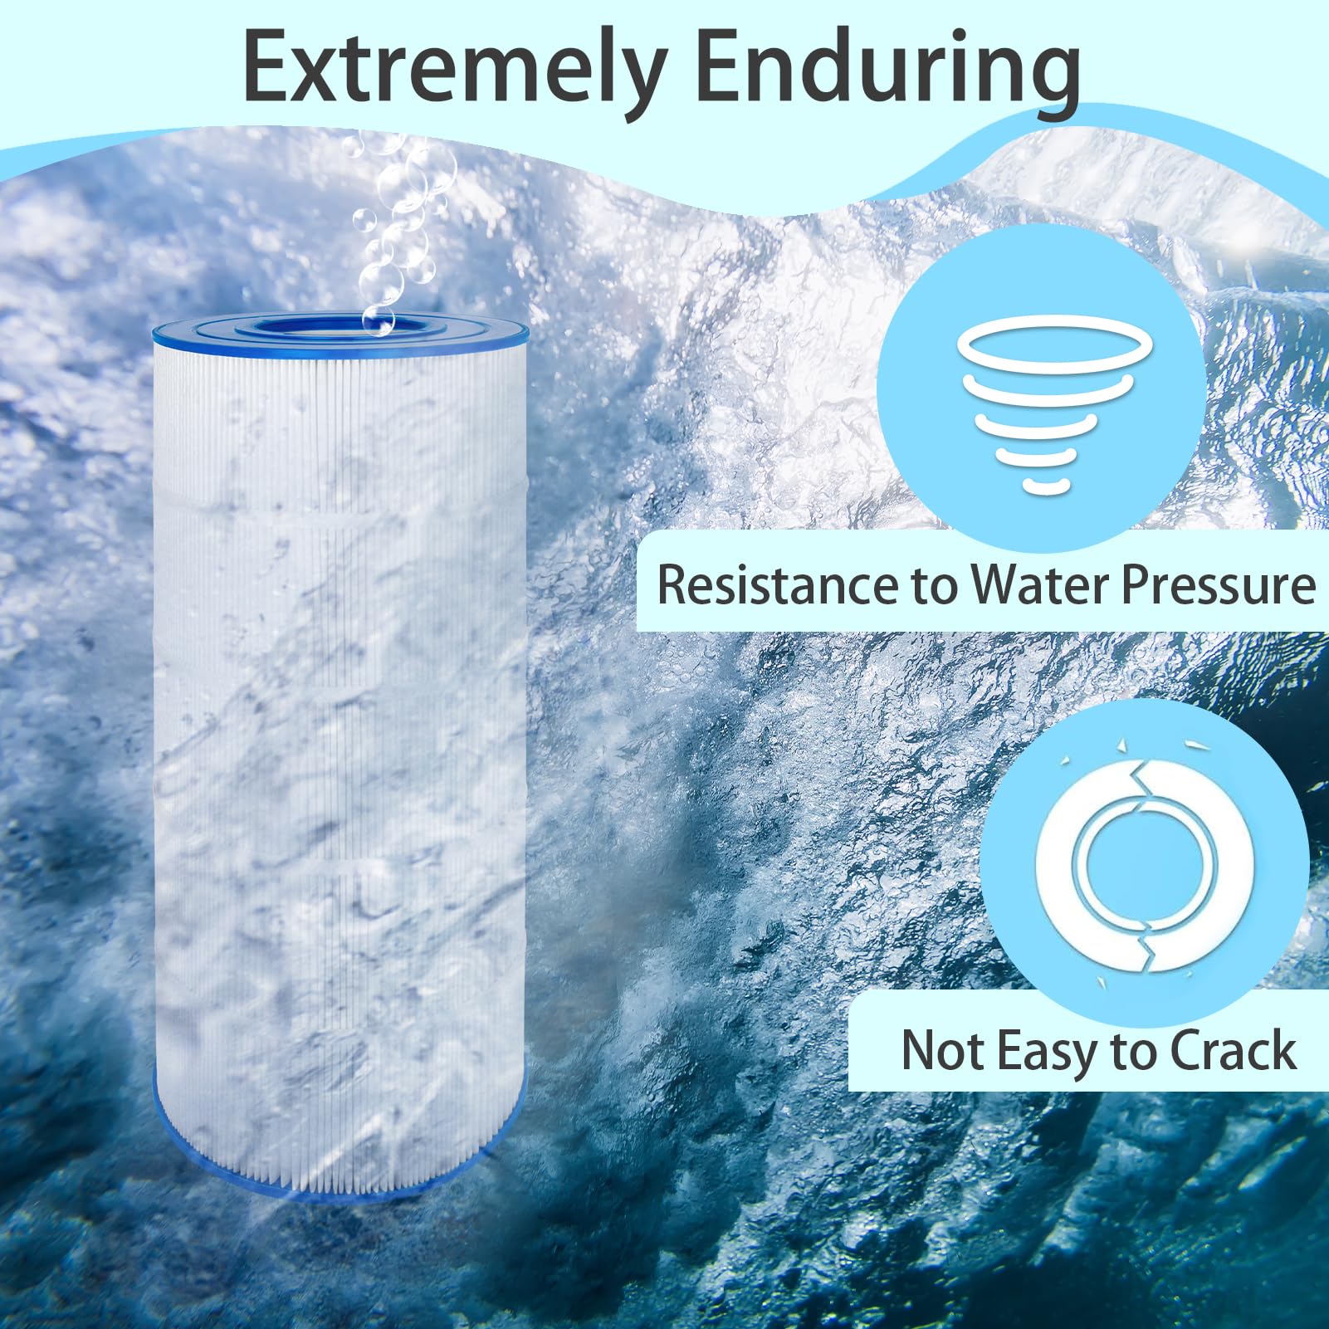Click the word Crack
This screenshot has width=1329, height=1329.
[x=1232, y=1051]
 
